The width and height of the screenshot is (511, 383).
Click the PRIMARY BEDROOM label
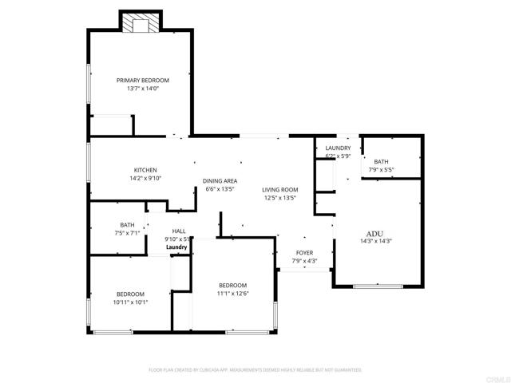click(x=143, y=80)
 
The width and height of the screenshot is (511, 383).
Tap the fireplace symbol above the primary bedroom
click(x=141, y=24)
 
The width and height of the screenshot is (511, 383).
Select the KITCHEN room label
click(x=145, y=170)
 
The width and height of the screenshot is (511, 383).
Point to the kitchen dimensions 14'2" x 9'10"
click(x=145, y=179)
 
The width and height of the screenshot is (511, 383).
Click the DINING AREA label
click(x=220, y=181)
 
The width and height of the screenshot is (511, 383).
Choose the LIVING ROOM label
click(x=280, y=189)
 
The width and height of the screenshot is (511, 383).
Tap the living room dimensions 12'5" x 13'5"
click(x=280, y=198)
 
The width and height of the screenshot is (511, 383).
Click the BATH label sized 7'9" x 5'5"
click(x=382, y=161)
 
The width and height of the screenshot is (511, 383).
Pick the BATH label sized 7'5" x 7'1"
click(x=128, y=224)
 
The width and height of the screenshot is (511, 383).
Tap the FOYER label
click(x=306, y=251)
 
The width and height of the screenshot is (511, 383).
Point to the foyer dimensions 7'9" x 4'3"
click(x=306, y=260)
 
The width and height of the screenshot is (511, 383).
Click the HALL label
click(x=178, y=231)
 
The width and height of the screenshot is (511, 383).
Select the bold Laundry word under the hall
click(x=177, y=247)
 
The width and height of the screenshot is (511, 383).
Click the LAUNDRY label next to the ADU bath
click(x=338, y=148)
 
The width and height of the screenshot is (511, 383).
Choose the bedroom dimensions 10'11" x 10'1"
click(x=130, y=302)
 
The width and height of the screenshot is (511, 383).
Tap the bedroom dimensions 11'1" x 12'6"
click(x=233, y=294)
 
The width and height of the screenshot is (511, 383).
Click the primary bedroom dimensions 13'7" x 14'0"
click(x=143, y=89)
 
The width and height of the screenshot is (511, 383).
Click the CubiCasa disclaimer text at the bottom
click(x=255, y=370)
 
